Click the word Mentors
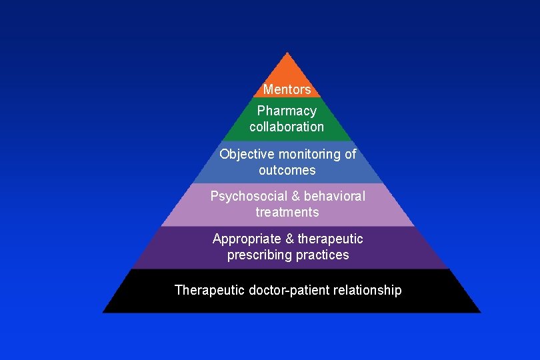(287, 89)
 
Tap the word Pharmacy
(287, 111)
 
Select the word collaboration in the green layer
(287, 127)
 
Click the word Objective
(245, 154)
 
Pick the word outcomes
(287, 170)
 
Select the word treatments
(287, 212)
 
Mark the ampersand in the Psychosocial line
(291, 196)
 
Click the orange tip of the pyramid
(287, 70)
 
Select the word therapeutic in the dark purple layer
(330, 239)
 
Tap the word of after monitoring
(350, 154)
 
